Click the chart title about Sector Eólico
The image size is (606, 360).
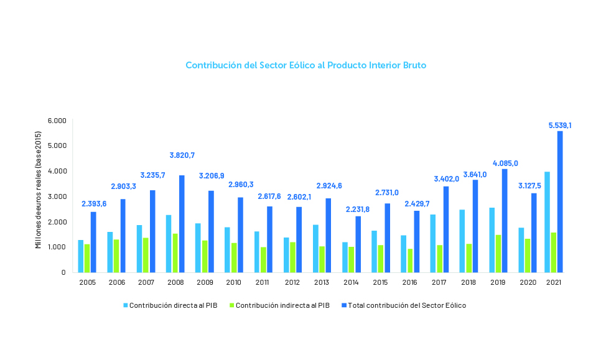click(x=306, y=65)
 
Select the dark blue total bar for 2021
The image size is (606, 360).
click(x=560, y=201)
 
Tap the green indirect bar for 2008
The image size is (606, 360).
click(x=175, y=253)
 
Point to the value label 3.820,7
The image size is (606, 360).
click(x=185, y=155)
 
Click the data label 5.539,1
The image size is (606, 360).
click(x=560, y=126)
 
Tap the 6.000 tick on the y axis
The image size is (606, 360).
click(x=57, y=121)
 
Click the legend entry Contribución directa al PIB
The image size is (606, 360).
click(x=170, y=306)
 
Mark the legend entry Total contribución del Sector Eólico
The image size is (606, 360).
click(x=407, y=306)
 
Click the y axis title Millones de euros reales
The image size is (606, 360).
click(x=39, y=195)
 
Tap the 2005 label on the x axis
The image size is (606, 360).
click(x=87, y=282)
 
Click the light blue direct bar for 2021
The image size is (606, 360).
click(x=548, y=222)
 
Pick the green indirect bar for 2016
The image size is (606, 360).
click(x=410, y=261)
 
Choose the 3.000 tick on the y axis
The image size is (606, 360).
click(x=57, y=196)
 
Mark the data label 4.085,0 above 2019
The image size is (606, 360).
click(x=505, y=163)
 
